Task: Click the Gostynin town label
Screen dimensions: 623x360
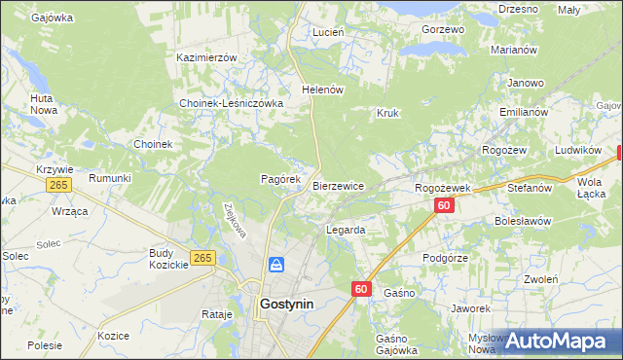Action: tap(286, 304)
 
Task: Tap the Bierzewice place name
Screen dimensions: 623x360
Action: tap(338, 186)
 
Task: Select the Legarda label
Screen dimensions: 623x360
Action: tap(345, 231)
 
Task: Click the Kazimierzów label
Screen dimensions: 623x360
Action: tap(206, 57)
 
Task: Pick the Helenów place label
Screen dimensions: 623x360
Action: tap(324, 90)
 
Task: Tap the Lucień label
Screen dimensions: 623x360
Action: tap(328, 32)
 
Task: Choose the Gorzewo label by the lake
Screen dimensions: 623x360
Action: tap(443, 30)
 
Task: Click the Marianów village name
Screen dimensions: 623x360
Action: tap(515, 50)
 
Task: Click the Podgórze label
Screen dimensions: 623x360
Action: tap(446, 258)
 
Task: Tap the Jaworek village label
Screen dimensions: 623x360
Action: tap(470, 308)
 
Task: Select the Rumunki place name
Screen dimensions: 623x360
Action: tap(110, 178)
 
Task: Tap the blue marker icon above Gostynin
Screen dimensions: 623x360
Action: tap(276, 265)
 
